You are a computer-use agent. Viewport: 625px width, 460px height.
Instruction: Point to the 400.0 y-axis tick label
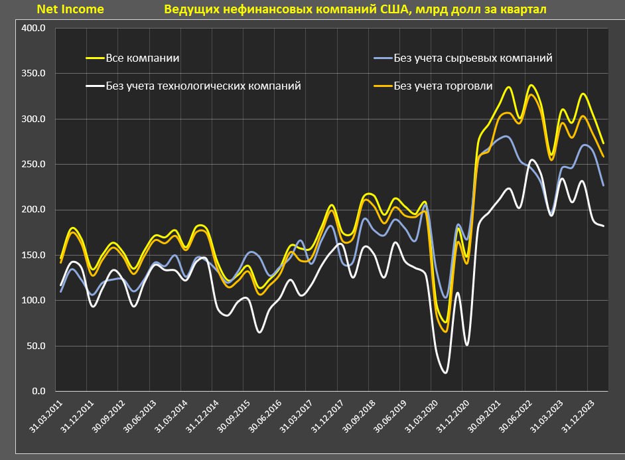(x=34, y=29)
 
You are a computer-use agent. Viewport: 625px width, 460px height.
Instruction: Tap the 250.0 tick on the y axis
(x=34, y=165)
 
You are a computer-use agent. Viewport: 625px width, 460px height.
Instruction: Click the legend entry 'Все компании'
(x=143, y=58)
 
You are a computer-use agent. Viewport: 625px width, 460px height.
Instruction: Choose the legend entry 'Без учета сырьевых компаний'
(x=472, y=58)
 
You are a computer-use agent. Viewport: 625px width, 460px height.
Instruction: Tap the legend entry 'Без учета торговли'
(x=443, y=86)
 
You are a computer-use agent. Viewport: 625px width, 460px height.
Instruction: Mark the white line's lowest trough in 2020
(x=445, y=373)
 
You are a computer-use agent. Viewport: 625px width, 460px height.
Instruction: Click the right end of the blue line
(x=603, y=185)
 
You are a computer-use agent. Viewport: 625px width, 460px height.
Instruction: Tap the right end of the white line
(x=603, y=226)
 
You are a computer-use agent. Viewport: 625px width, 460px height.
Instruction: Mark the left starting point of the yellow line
(x=60, y=259)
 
